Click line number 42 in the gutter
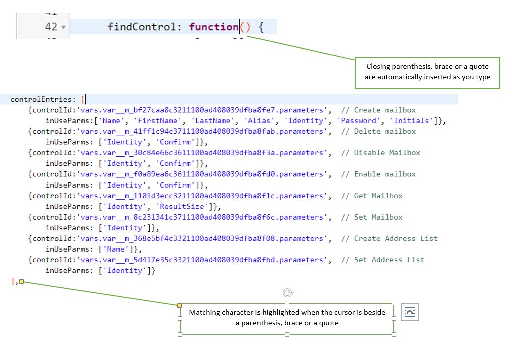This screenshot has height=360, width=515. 51,27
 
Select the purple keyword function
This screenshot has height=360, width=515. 213,27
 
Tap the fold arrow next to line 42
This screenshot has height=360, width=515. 63,27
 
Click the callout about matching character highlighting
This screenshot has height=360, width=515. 287,318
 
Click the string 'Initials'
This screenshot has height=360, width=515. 411,121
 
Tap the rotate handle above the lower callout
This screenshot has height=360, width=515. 287,292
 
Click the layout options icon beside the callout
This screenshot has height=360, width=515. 409,312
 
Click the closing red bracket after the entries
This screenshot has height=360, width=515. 13,281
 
